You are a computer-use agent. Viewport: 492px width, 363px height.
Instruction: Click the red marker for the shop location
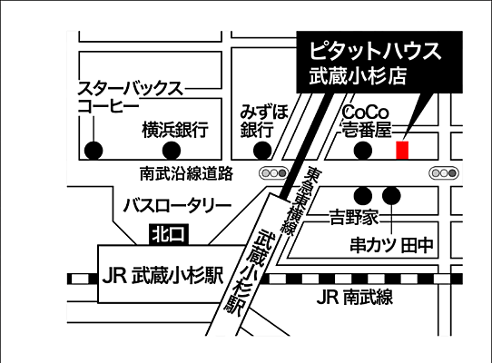pos(403,150)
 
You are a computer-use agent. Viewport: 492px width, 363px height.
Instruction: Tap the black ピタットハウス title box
pos(380,62)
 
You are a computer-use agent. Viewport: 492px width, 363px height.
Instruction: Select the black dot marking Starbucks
pos(92,150)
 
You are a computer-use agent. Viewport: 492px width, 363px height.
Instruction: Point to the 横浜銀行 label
pos(175,130)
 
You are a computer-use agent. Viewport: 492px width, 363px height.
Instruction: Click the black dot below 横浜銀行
pos(169,150)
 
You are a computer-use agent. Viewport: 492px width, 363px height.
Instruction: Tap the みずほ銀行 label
pos(264,120)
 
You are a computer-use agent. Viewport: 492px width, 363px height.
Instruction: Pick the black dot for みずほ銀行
pos(263,150)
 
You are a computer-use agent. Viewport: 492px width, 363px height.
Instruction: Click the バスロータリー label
pos(176,204)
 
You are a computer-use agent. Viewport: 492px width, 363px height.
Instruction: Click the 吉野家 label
pos(353,218)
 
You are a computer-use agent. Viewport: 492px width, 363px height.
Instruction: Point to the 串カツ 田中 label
pos(392,245)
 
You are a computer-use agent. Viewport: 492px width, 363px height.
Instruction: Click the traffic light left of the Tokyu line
pos(271,172)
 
